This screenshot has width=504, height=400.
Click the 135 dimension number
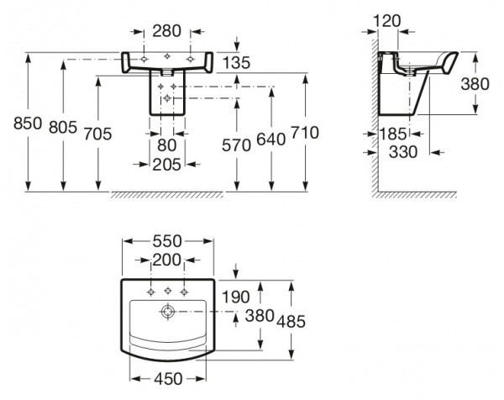pos(238,62)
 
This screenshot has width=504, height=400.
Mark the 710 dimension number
pos(305,132)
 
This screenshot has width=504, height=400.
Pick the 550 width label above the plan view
pos(168,239)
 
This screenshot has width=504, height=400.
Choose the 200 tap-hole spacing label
pos(168,259)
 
